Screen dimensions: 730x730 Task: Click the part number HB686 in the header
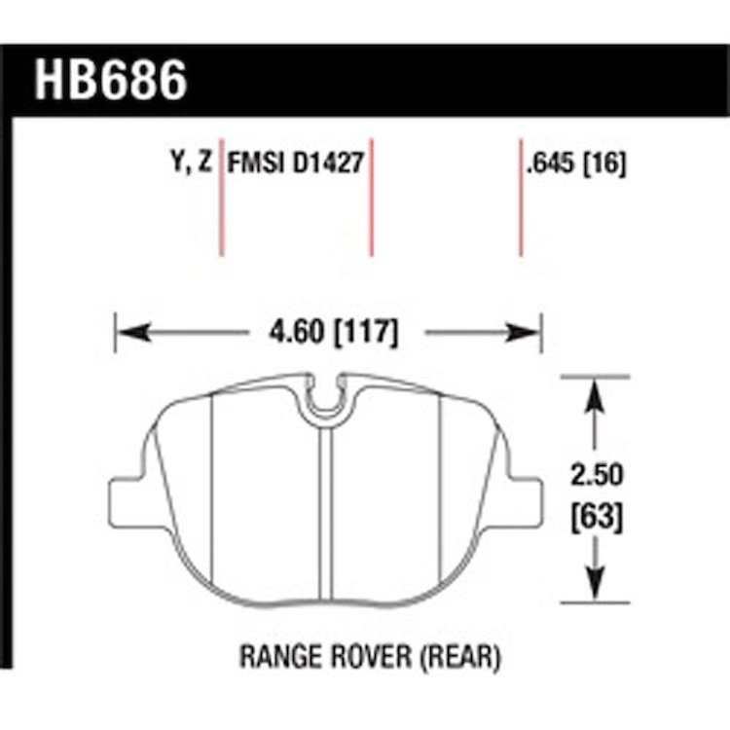tap(111, 81)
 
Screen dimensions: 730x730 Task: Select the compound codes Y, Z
tap(192, 163)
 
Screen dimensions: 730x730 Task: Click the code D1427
tap(328, 164)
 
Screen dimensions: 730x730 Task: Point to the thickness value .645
tap(551, 164)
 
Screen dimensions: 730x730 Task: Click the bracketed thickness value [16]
tap(604, 164)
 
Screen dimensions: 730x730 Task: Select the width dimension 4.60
tap(296, 333)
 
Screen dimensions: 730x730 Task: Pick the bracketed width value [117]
tap(366, 333)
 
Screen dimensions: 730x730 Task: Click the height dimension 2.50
tap(597, 475)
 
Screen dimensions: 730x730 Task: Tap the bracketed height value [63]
tap(597, 518)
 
